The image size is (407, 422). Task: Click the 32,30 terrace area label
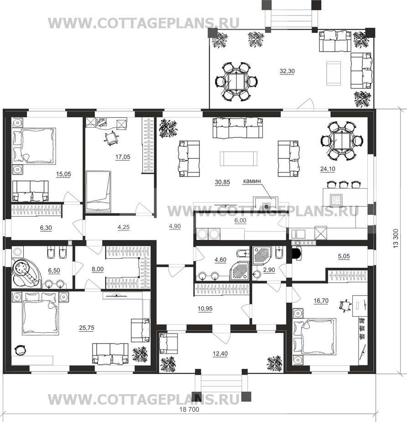[287, 71]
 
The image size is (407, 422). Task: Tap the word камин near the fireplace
[252, 181]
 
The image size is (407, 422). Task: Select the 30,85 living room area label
[222, 182]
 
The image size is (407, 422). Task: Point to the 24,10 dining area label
[328, 169]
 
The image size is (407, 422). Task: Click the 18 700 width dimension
[189, 409]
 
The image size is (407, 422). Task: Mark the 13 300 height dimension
[396, 238]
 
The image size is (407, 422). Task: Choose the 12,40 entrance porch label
[220, 354]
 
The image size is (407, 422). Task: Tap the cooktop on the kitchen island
[336, 199]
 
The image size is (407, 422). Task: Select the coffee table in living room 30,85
[238, 158]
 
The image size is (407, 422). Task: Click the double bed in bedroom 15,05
[35, 146]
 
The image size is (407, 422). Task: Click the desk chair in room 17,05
[111, 138]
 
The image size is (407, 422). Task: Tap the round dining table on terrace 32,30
[236, 82]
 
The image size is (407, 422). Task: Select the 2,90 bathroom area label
[269, 270]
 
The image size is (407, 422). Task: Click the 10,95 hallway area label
[205, 309]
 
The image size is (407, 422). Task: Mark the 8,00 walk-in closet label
[98, 269]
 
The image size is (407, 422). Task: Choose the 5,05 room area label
[344, 256]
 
